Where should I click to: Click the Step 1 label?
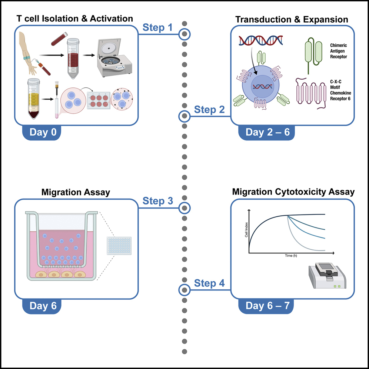157,28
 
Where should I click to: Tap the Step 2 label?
209,110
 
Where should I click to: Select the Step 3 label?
157,201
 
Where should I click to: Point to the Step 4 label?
209,283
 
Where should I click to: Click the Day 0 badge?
43,133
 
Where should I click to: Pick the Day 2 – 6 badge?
267,133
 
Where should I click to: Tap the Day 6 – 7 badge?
267,306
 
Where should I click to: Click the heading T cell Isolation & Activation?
74,19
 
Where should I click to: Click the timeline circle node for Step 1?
184,34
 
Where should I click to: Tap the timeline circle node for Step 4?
184,290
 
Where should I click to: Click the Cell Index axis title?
246,231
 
